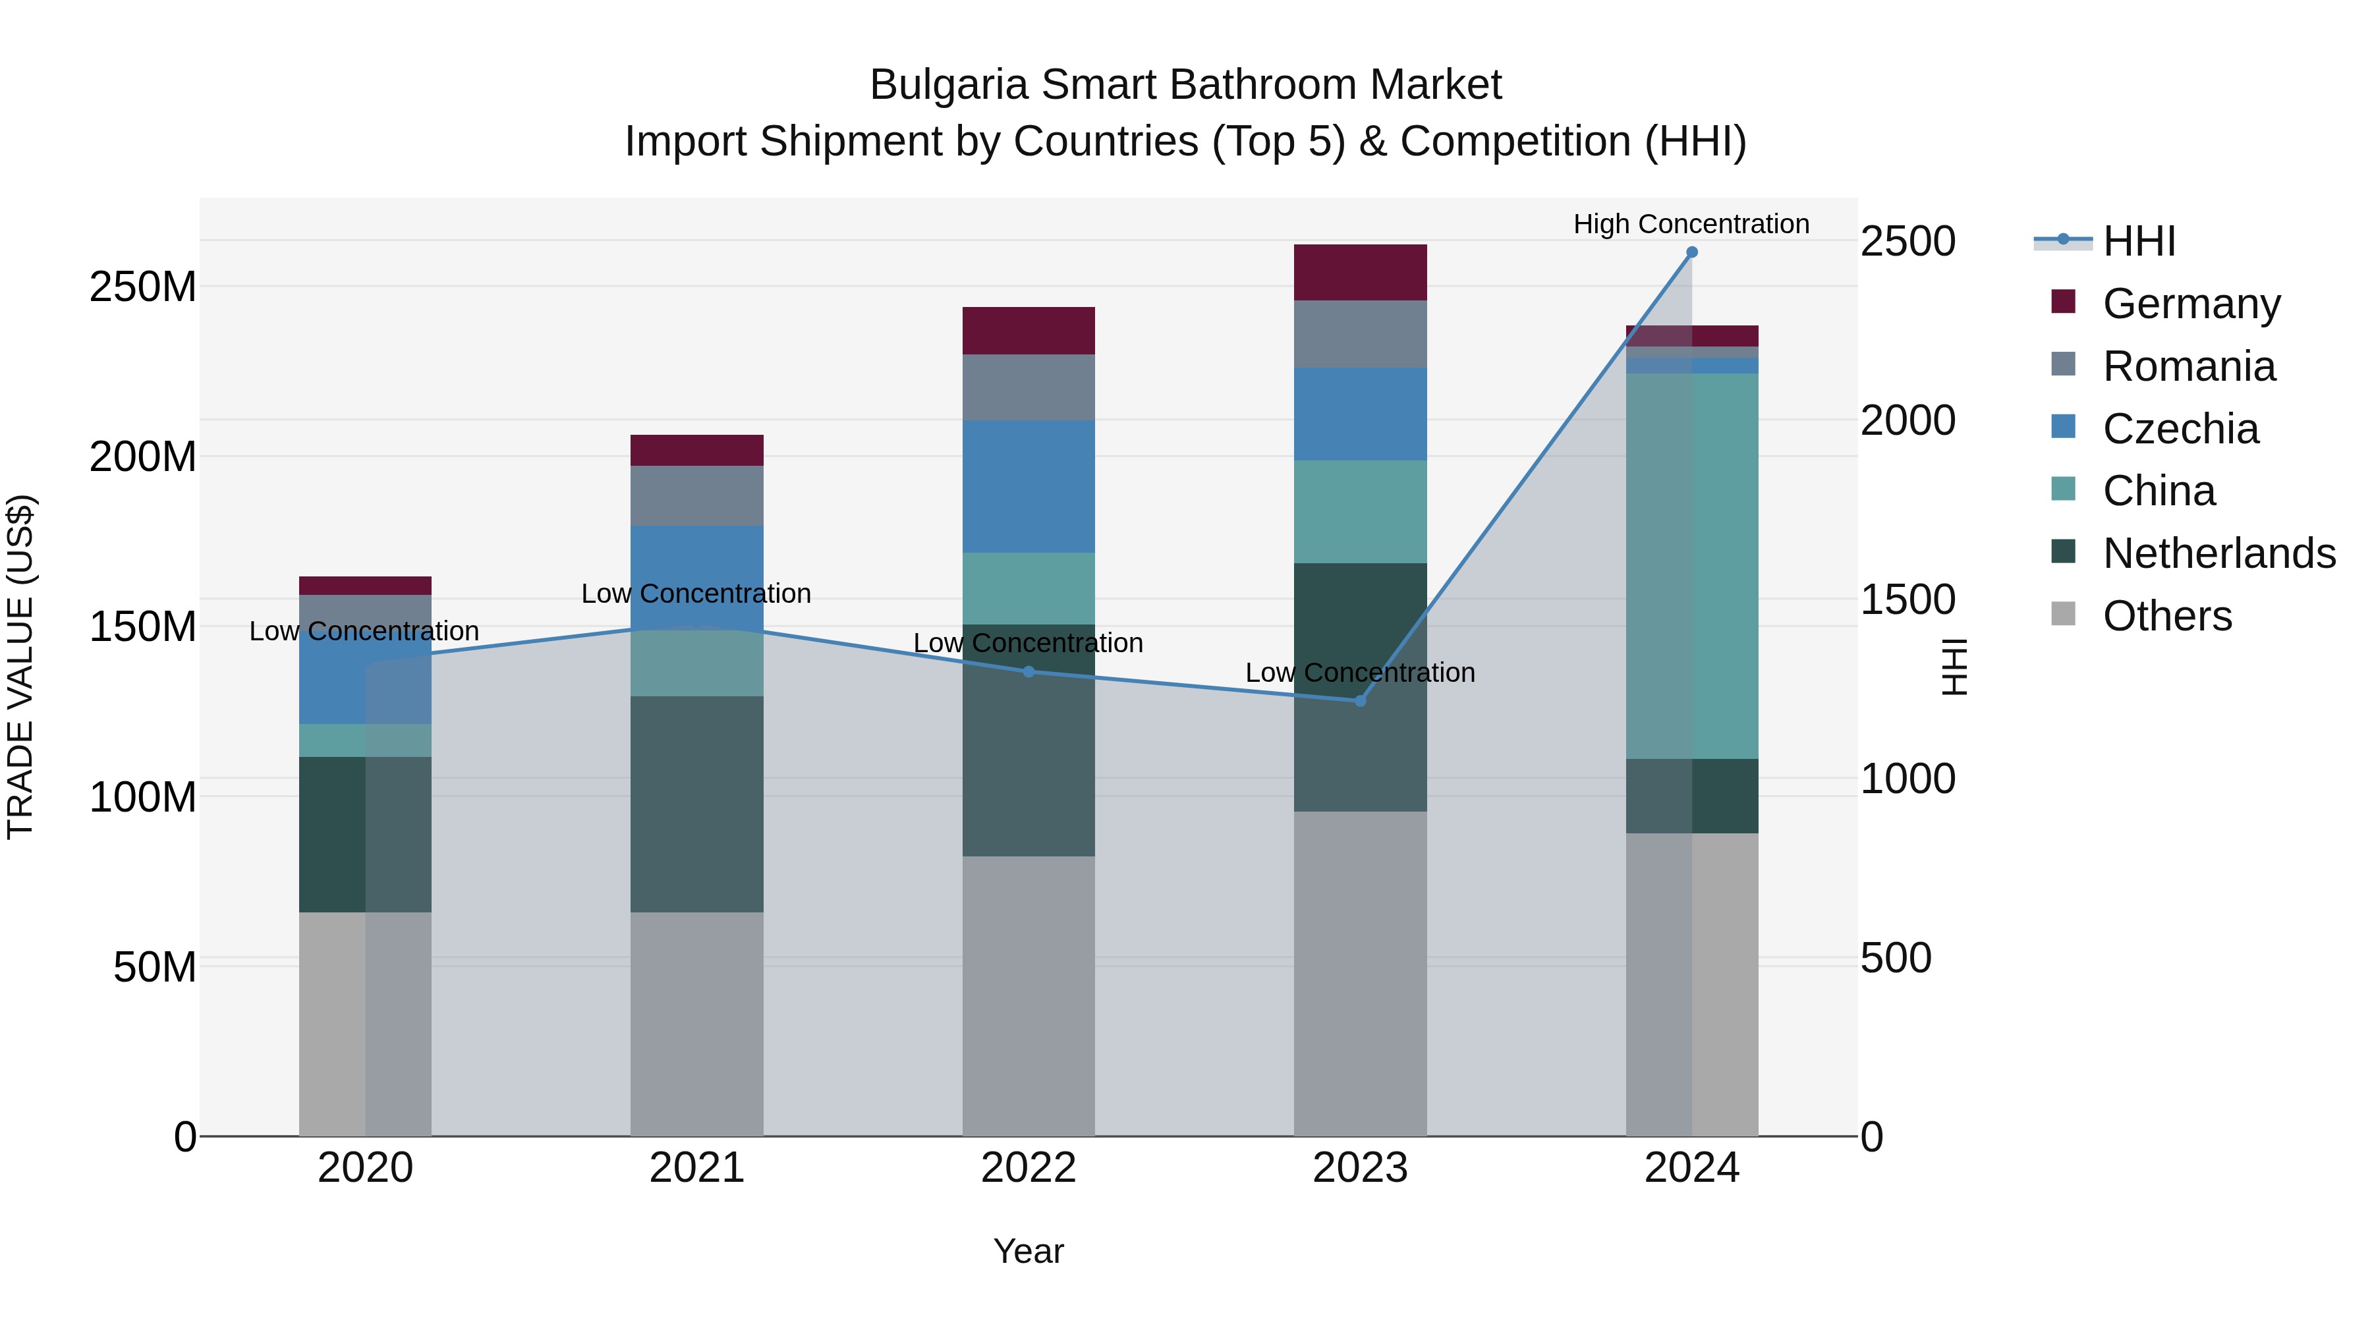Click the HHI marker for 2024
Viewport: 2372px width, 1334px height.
pos(1691,252)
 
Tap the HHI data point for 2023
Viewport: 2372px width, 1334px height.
pos(1360,701)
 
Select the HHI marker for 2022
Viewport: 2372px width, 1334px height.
pos(1029,671)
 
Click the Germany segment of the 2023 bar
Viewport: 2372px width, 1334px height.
pos(1360,273)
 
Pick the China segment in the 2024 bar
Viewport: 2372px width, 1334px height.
pos(1691,565)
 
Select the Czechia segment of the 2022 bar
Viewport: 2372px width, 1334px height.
pos(1029,486)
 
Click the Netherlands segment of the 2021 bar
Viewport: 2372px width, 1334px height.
pos(697,804)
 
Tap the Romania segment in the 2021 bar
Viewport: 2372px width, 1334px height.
pos(697,495)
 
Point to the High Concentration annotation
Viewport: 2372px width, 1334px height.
pos(1691,224)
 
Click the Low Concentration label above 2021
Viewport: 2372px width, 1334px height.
pos(696,594)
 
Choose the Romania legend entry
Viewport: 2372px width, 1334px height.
pos(2189,366)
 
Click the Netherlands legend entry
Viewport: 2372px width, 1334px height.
pos(2218,553)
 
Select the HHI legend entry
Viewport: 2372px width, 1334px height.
pos(2138,241)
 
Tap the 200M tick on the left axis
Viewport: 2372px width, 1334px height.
pos(143,457)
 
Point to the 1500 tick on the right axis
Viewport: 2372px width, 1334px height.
pos(1907,600)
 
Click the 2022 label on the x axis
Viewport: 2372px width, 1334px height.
pos(1029,1168)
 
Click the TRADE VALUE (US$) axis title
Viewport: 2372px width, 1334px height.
pos(20,667)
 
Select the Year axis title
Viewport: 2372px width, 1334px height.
pos(1029,1251)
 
